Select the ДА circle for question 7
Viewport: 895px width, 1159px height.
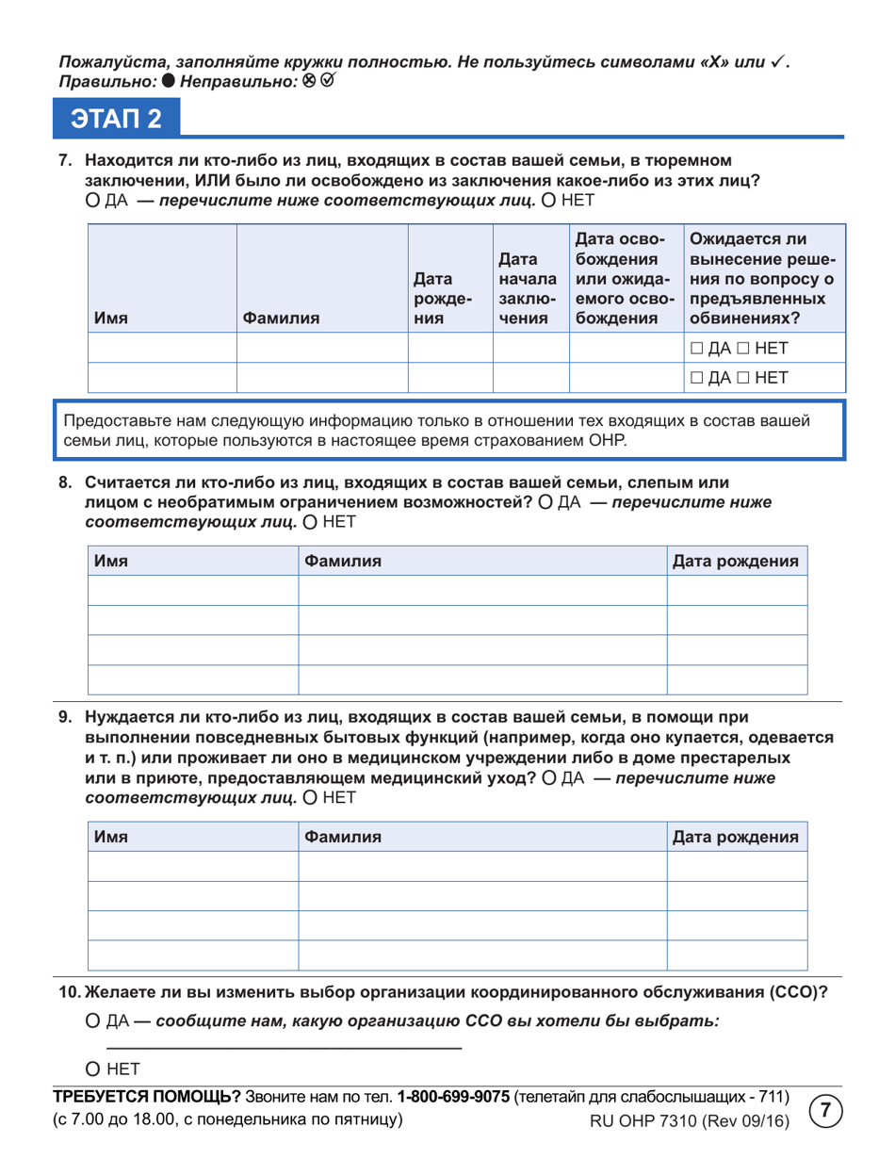92,200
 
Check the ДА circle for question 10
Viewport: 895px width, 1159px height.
92,1020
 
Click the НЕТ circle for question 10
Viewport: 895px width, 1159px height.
92,1069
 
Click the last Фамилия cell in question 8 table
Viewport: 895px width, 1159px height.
482,678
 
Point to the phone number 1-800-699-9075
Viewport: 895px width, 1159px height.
453,1098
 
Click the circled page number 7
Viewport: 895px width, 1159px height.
825,1110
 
